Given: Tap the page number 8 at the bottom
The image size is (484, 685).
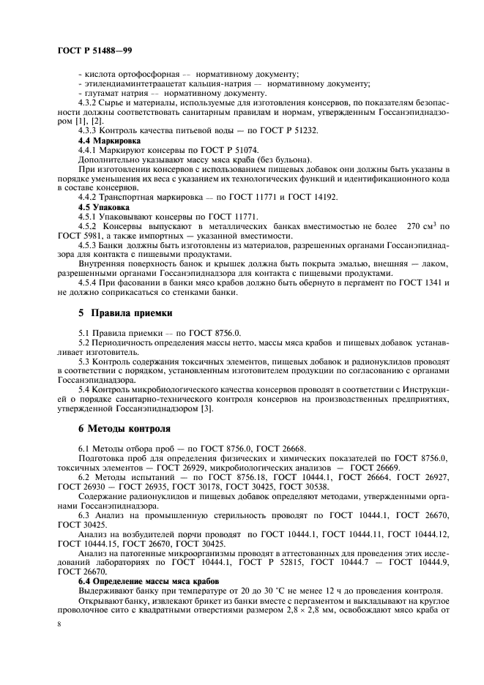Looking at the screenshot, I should pyautogui.click(x=59, y=624).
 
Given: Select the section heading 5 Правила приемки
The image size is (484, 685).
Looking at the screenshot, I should pyautogui.click(x=125, y=313).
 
